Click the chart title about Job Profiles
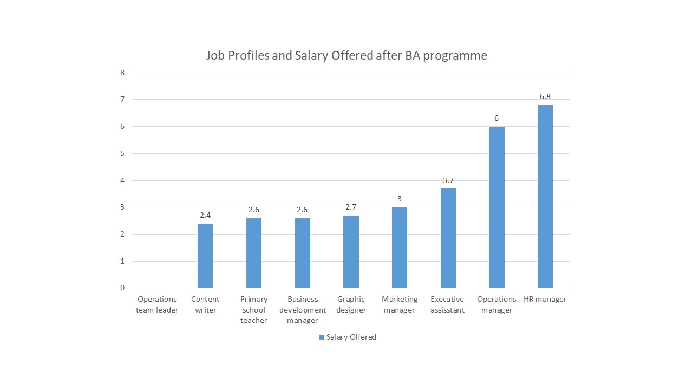(x=346, y=55)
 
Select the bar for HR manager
(x=545, y=196)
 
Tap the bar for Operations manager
(x=496, y=207)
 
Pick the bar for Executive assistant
(x=448, y=238)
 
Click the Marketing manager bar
(x=400, y=248)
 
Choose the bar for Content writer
(x=205, y=256)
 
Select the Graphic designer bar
(x=351, y=251)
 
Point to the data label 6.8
(x=545, y=96)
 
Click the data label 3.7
(x=448, y=180)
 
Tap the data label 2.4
(x=205, y=215)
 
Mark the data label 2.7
(x=351, y=207)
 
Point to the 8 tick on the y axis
(x=122, y=73)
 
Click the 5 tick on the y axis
(x=122, y=153)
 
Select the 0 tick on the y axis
(x=122, y=288)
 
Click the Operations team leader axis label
(x=157, y=304)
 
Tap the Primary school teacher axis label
(x=254, y=309)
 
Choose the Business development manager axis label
(x=303, y=309)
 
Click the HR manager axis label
(x=545, y=299)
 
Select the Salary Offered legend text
(x=351, y=337)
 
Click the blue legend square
(x=322, y=337)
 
